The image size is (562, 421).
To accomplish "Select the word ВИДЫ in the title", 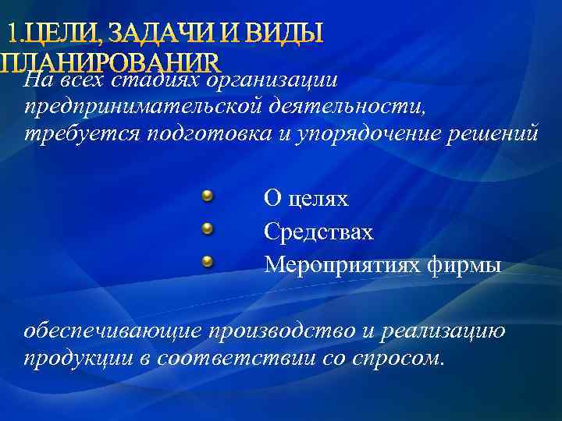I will (x=283, y=34).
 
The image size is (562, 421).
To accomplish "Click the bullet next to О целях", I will (x=207, y=196).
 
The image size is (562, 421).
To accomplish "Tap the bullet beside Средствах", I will (x=207, y=229).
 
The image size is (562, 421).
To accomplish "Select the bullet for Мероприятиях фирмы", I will (x=207, y=262).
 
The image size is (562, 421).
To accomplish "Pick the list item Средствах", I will (x=318, y=232).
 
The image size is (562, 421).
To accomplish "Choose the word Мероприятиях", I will (x=343, y=266).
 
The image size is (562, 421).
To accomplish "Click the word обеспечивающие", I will (x=114, y=331).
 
